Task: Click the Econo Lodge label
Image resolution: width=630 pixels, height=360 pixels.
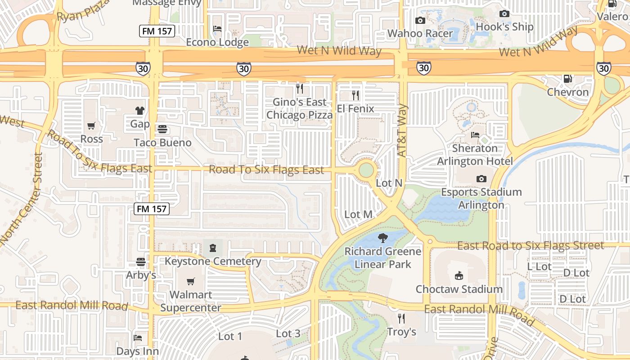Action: click(x=217, y=42)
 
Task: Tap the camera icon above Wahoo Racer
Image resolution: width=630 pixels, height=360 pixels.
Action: click(x=420, y=20)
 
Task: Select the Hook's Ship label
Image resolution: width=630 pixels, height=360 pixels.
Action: click(x=504, y=27)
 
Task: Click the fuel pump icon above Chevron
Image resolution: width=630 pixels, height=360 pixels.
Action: click(x=568, y=79)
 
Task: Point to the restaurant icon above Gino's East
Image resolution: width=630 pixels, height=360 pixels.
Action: click(x=300, y=88)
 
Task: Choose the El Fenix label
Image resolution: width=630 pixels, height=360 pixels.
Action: click(x=355, y=108)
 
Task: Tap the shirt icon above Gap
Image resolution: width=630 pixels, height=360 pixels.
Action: click(x=140, y=110)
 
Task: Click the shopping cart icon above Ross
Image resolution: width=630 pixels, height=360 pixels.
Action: click(x=92, y=126)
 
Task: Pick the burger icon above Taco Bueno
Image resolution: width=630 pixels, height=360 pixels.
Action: click(x=162, y=129)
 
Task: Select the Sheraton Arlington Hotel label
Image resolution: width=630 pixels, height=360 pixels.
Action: click(x=475, y=154)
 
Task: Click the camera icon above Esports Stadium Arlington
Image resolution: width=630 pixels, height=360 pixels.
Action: click(x=481, y=179)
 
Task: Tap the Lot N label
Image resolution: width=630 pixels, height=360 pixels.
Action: click(x=389, y=183)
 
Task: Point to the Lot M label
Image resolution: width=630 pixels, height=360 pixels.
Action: click(x=358, y=215)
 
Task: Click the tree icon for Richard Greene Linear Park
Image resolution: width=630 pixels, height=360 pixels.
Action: click(x=383, y=238)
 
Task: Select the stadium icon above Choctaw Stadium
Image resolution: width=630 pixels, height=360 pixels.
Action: click(x=459, y=275)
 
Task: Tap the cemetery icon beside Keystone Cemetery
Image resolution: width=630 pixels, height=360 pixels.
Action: click(x=212, y=247)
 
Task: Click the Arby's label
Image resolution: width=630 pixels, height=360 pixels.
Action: click(x=141, y=275)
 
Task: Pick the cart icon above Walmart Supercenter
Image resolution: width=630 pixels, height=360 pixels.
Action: click(x=191, y=282)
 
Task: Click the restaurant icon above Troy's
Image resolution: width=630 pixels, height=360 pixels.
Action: click(x=401, y=319)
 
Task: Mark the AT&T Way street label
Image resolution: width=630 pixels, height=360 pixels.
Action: click(x=402, y=130)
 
